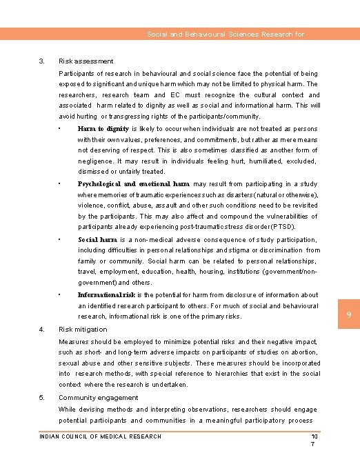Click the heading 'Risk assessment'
[86, 61]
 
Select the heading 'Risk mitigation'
[83, 330]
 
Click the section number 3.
[41, 61]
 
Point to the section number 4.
[41, 330]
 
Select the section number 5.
[41, 398]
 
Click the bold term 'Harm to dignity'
[103, 129]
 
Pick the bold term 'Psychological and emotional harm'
[133, 184]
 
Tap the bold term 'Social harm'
[97, 240]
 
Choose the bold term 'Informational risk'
[106, 295]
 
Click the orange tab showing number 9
[348, 315]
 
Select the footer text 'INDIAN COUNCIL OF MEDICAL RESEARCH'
[100, 436]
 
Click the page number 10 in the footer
[314, 436]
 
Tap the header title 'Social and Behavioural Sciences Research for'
[226, 34]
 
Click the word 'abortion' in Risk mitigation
[303, 352]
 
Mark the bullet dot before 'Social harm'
[61, 239]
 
